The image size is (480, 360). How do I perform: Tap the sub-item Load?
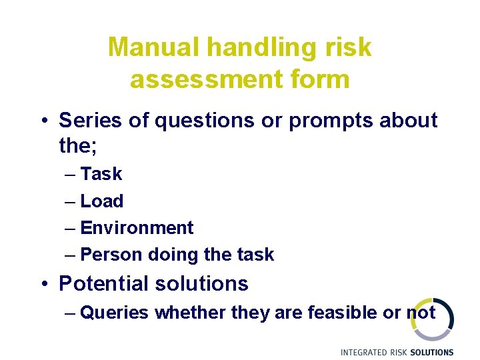coord(101,201)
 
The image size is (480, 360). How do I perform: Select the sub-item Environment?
coord(137,228)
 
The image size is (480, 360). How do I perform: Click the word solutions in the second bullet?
coord(201,283)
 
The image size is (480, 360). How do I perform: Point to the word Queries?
coord(114,313)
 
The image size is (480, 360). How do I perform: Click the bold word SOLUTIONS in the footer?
coord(432,352)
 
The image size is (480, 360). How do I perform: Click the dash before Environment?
coord(71,228)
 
